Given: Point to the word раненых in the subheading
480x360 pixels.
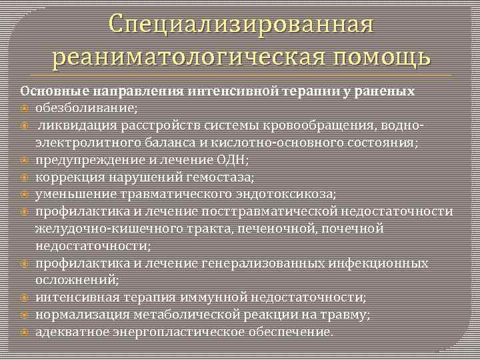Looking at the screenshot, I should [387, 91].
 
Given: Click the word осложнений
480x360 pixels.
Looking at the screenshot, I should [77, 281].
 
